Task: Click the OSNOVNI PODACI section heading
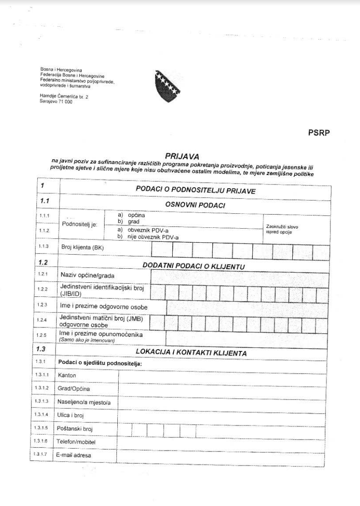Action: (196, 205)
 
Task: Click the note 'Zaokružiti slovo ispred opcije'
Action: (282, 229)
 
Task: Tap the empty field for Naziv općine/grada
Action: (239, 276)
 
